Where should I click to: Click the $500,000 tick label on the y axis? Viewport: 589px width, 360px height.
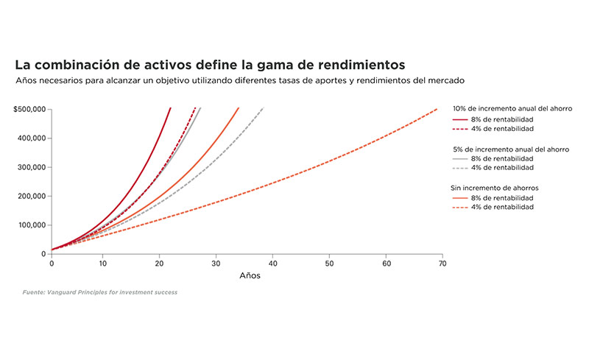pyautogui.click(x=29, y=110)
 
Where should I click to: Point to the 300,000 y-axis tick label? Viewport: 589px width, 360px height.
pyautogui.click(x=32, y=167)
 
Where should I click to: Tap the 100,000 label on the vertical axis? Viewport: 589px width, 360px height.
pyautogui.click(x=32, y=225)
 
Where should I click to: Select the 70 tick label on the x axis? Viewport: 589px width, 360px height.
pyautogui.click(x=442, y=264)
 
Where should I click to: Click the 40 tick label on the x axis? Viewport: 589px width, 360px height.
pyautogui.click(x=273, y=264)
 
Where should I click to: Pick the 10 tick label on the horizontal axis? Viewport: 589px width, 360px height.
pyautogui.click(x=103, y=264)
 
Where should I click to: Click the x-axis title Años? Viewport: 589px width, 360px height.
pyautogui.click(x=250, y=276)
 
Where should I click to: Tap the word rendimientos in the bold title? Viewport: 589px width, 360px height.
pyautogui.click(x=361, y=65)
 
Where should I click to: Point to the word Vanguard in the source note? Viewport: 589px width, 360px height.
pyautogui.click(x=61, y=292)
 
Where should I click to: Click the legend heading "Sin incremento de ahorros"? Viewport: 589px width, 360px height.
pyautogui.click(x=495, y=188)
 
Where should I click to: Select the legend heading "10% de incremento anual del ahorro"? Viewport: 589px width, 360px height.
pyautogui.click(x=512, y=109)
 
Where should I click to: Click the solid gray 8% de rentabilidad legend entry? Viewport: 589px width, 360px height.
pyautogui.click(x=493, y=158)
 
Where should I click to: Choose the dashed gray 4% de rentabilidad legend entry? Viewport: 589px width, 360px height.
pyautogui.click(x=493, y=168)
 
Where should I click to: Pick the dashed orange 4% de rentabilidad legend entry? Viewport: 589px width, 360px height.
pyautogui.click(x=493, y=207)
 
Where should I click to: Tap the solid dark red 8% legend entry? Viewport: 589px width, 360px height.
pyautogui.click(x=493, y=119)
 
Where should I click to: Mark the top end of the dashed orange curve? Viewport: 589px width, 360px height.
pyautogui.click(x=437, y=109)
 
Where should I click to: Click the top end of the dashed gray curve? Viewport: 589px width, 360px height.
pyautogui.click(x=264, y=107)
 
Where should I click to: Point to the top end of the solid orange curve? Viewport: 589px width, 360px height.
pyautogui.click(x=239, y=107)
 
